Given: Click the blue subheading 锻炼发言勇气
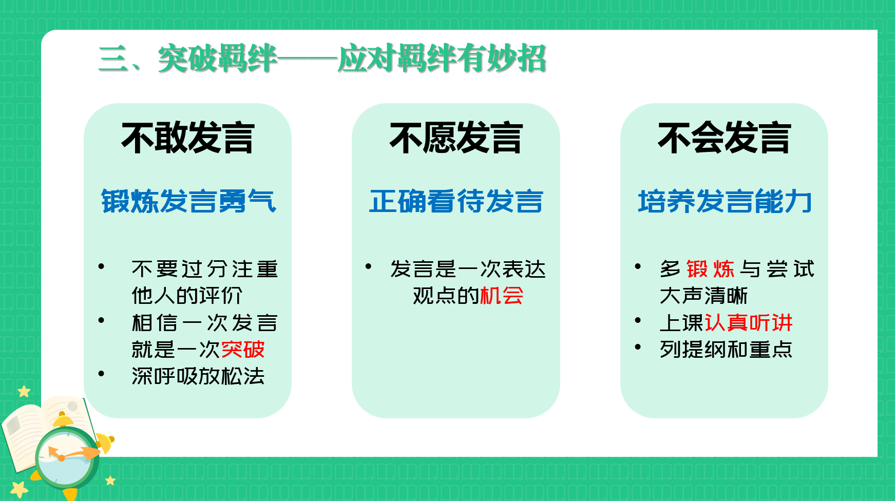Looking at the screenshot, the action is pyautogui.click(x=188, y=201).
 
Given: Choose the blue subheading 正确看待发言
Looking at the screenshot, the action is pyautogui.click(x=456, y=201).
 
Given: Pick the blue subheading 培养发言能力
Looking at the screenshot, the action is pyautogui.click(x=725, y=201).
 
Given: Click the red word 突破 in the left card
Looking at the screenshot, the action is pyautogui.click(x=243, y=350).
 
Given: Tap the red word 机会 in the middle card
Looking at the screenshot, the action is pyautogui.click(x=502, y=296).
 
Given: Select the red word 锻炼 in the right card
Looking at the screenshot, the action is pyautogui.click(x=711, y=269).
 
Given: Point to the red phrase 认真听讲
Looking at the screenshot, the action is pyautogui.click(x=749, y=323).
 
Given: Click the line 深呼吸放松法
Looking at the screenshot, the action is pyautogui.click(x=198, y=376).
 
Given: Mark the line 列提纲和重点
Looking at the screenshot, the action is pyautogui.click(x=726, y=350).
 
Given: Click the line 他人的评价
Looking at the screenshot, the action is pyautogui.click(x=187, y=296).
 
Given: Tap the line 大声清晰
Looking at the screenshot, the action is pyautogui.click(x=704, y=296).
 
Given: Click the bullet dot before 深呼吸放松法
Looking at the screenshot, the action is pyautogui.click(x=101, y=374).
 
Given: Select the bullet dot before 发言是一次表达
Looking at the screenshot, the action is pyautogui.click(x=368, y=266).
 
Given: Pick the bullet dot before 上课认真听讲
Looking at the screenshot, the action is pyautogui.click(x=638, y=320).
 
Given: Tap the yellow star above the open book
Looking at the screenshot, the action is pyautogui.click(x=24, y=392).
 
